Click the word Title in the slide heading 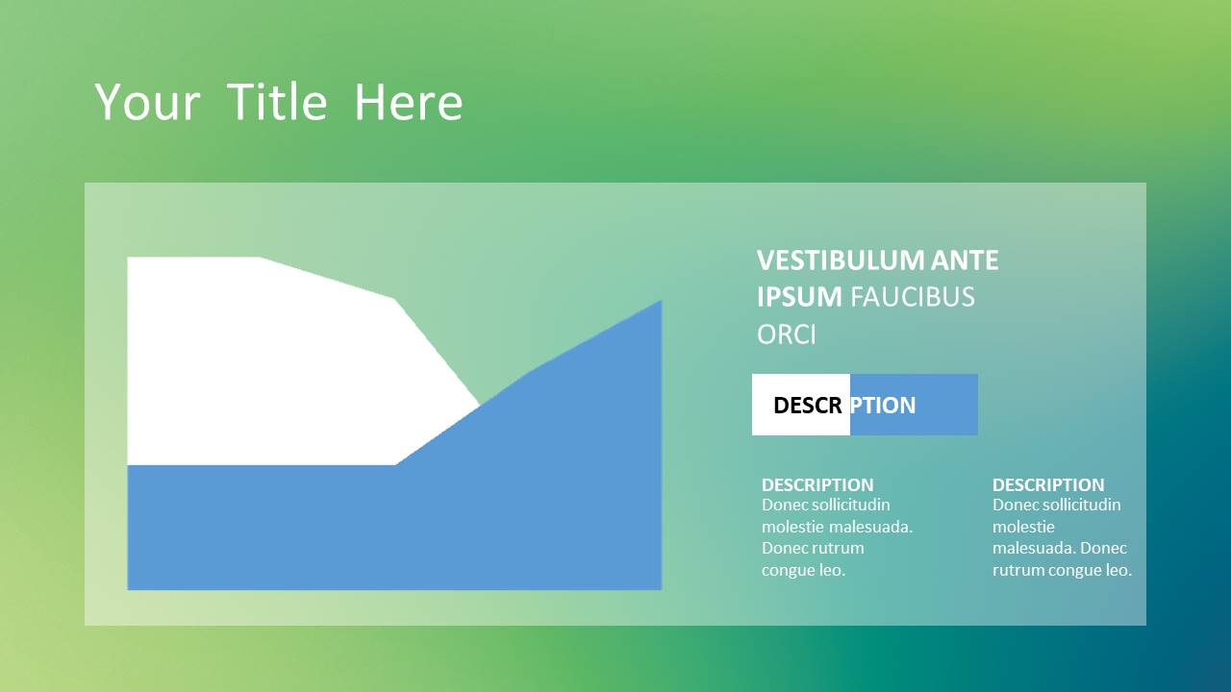coord(277,102)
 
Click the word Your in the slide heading coord(147,102)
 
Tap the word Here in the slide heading coord(409,102)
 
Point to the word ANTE coord(965,260)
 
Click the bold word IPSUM coord(799,297)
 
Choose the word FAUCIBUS coord(913,297)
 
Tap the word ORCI coord(787,334)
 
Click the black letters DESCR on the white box coord(807,406)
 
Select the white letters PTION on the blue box coord(883,406)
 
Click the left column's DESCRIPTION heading coord(817,485)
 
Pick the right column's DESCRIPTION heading coord(1048,485)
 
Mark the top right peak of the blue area coord(661,301)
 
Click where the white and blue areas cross coord(480,406)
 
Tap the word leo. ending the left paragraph coord(832,570)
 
